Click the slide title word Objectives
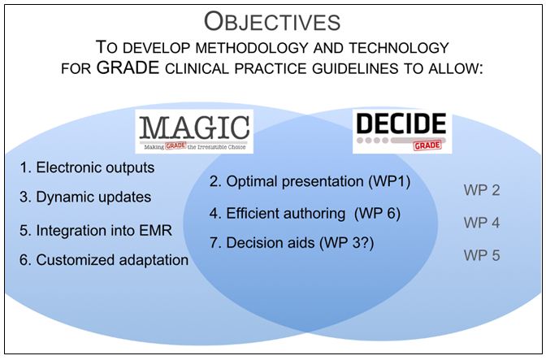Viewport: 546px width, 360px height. [x=273, y=20]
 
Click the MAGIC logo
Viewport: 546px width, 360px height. [x=193, y=132]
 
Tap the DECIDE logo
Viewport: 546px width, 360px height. [x=401, y=132]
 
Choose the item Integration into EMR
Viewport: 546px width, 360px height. [x=95, y=230]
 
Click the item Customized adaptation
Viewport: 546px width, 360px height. [x=104, y=260]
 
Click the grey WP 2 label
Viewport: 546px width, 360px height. [x=482, y=191]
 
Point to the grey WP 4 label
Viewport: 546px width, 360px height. [x=482, y=222]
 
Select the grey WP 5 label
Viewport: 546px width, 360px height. [x=482, y=255]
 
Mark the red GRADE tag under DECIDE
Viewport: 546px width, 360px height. [x=428, y=145]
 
